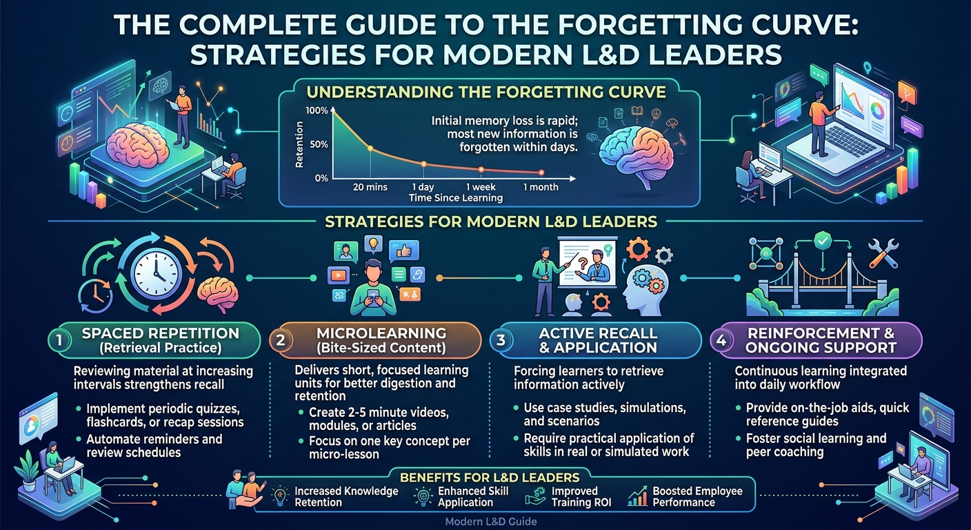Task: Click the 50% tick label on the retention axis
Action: pyautogui.click(x=319, y=144)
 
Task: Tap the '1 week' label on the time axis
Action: pyautogui.click(x=480, y=187)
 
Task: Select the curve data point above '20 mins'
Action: pyautogui.click(x=370, y=148)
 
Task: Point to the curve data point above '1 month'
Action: pyautogui.click(x=541, y=173)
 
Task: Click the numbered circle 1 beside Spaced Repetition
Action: pyautogui.click(x=59, y=340)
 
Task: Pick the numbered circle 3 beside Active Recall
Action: pyautogui.click(x=501, y=340)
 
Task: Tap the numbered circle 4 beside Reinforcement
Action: pyautogui.click(x=721, y=340)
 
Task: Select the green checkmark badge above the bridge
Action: pyautogui.click(x=822, y=240)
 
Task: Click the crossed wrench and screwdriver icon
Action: pyautogui.click(x=883, y=253)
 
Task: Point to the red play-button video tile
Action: pyautogui.click(x=339, y=275)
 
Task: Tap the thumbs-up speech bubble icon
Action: pyautogui.click(x=404, y=251)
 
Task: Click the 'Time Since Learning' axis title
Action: pyautogui.click(x=456, y=198)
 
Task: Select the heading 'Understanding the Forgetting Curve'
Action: pyautogui.click(x=486, y=92)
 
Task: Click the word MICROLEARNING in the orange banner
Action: pyautogui.click(x=381, y=333)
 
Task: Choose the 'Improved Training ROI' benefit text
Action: pyautogui.click(x=581, y=497)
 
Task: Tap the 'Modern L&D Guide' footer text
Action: pyautogui.click(x=491, y=522)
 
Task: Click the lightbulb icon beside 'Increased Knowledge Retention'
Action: pyautogui.click(x=281, y=496)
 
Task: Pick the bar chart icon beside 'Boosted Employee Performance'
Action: pyautogui.click(x=637, y=496)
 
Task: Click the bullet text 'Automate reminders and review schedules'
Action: pyautogui.click(x=154, y=446)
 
